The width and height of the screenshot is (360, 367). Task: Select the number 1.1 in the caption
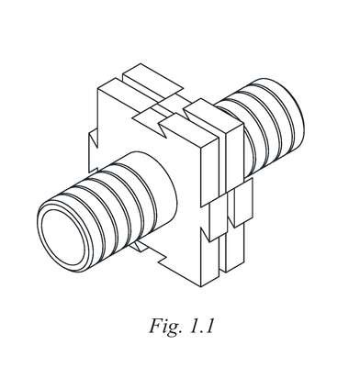pyautogui.click(x=201, y=326)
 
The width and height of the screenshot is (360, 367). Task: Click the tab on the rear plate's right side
pyautogui.click(x=241, y=203)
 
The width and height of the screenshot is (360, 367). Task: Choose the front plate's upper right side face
pyautogui.click(x=209, y=172)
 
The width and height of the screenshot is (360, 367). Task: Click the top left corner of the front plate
pyautogui.click(x=98, y=89)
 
